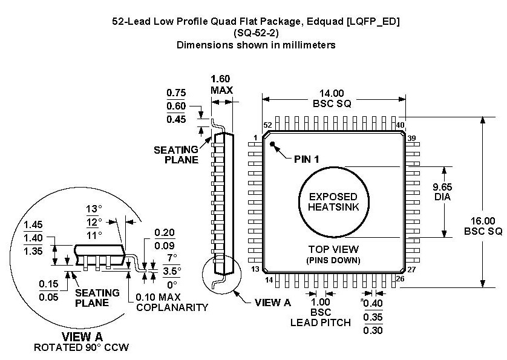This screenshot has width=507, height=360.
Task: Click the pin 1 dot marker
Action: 273,144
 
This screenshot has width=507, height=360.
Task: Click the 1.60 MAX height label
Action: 221,85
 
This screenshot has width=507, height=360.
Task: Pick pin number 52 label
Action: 267,125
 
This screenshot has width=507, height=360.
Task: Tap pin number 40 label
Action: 400,125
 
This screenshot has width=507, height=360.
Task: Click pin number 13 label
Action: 257,269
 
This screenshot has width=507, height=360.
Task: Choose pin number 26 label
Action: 400,279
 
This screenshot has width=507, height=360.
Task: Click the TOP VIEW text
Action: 333,249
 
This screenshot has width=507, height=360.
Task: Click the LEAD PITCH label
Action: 320,322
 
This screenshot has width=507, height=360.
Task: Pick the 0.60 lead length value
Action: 176,107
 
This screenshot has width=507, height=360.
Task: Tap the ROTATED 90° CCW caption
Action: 82,347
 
